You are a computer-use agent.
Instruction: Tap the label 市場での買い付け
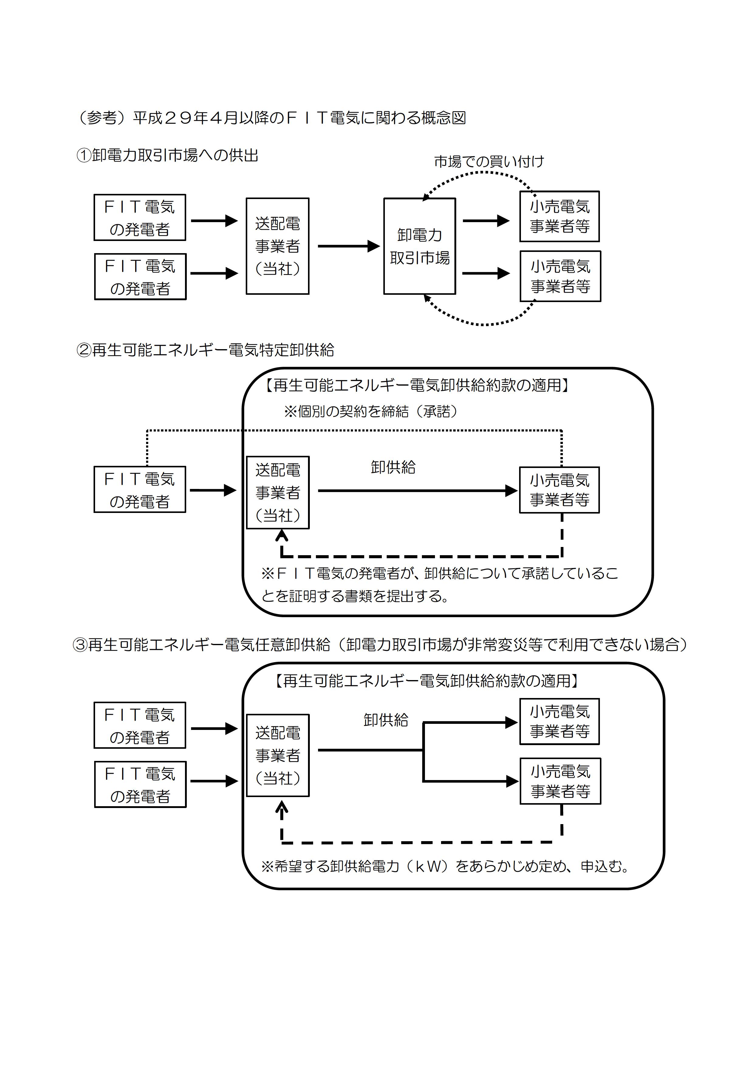coord(489,162)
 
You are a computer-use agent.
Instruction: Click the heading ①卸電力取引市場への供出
coord(167,155)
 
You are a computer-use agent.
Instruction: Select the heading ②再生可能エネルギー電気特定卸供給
coord(205,350)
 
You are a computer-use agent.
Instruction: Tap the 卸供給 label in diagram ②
coord(393,467)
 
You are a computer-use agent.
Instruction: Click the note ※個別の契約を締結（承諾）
coord(371,411)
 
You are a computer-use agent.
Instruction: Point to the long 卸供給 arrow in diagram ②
coord(418,490)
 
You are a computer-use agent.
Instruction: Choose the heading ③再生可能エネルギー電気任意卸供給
coord(380,645)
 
